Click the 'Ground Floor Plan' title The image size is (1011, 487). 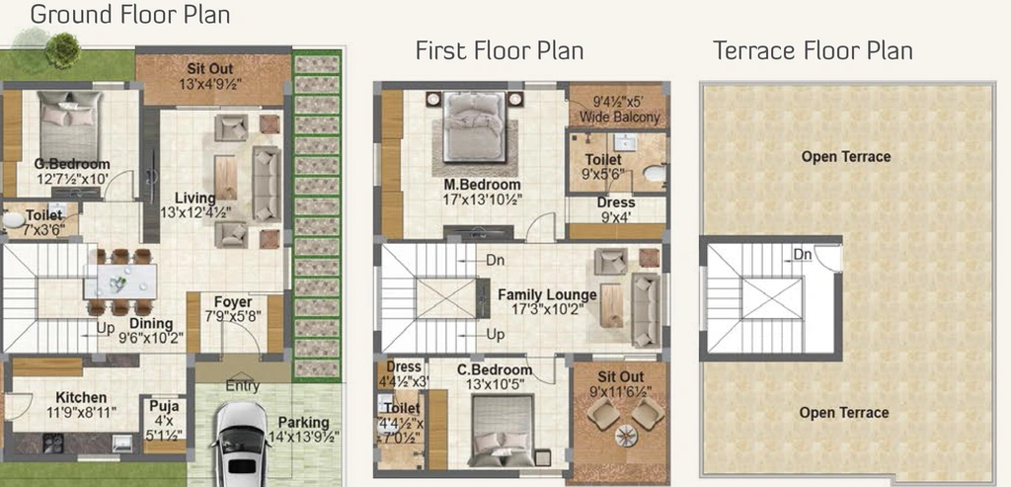click(x=130, y=14)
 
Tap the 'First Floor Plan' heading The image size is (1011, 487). click(x=499, y=50)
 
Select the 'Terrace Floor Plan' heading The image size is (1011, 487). click(x=813, y=50)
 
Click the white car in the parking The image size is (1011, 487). click(x=241, y=446)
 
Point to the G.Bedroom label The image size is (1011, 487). click(x=71, y=164)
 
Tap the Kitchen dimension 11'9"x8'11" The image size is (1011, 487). click(x=81, y=412)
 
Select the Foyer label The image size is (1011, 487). click(x=233, y=302)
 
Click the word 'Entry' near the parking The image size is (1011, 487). click(x=243, y=386)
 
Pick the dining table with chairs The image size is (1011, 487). click(x=119, y=282)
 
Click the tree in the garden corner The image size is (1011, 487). click(x=62, y=50)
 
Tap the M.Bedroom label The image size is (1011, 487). click(x=482, y=185)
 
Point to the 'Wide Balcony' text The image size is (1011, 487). click(x=620, y=118)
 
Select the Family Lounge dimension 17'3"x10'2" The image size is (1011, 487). click(x=547, y=309)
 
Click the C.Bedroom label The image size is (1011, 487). click(x=495, y=370)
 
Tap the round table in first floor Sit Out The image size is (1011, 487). click(x=625, y=436)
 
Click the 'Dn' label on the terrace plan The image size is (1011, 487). click(x=802, y=255)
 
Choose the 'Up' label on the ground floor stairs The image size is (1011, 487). click(x=106, y=328)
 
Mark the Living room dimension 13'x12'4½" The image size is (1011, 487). click(x=195, y=211)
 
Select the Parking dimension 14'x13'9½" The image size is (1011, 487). click(x=303, y=437)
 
